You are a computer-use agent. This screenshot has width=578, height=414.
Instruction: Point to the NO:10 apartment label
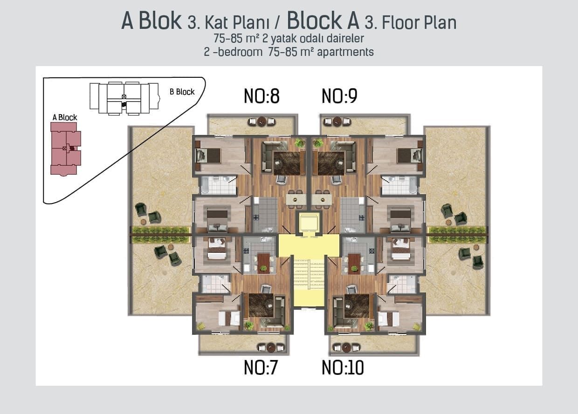pos(343,368)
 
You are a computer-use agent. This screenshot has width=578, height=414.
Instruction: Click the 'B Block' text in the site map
pos(182,92)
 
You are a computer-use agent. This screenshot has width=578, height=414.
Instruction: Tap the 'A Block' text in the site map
pos(65,117)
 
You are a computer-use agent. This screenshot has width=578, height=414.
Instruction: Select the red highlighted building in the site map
pos(65,148)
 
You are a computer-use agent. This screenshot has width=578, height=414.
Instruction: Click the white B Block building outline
pos(124,98)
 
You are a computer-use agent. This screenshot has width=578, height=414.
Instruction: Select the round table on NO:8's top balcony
pos(261,122)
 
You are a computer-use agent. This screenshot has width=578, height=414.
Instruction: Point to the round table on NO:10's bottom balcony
pos(346,347)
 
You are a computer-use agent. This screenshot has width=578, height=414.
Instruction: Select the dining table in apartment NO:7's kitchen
pos(263,263)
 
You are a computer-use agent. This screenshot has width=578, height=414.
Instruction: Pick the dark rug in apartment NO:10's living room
pos(357,305)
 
